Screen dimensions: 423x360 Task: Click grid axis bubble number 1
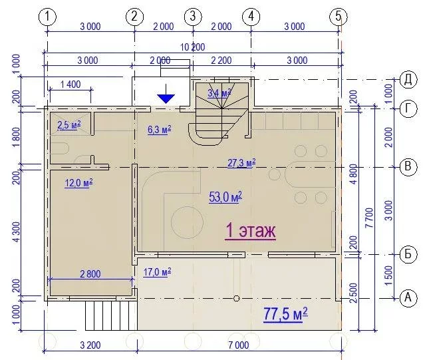(x=47, y=17)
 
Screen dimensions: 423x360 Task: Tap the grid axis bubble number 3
(x=193, y=17)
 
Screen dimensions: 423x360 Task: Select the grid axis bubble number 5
(x=339, y=17)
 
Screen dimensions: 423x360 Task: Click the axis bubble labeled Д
(x=408, y=80)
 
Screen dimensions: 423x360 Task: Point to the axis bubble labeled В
(x=408, y=166)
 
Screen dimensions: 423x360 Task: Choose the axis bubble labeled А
(x=408, y=298)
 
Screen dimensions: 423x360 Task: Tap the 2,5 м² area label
(x=69, y=125)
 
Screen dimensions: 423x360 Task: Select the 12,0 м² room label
(x=78, y=183)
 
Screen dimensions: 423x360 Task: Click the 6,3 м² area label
(x=159, y=130)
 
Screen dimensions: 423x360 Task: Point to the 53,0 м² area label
(x=225, y=197)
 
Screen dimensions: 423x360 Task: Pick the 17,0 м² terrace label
(x=157, y=272)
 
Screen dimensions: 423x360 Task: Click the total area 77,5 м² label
(x=285, y=314)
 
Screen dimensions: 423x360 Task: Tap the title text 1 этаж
(x=250, y=231)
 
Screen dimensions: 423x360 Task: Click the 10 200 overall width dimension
(x=193, y=47)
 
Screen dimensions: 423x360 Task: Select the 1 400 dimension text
(x=70, y=85)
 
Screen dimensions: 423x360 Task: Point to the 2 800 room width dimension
(x=90, y=274)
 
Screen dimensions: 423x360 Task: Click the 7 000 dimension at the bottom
(x=239, y=345)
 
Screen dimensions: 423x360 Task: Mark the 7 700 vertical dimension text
(x=369, y=218)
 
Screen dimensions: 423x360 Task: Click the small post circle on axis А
(x=237, y=298)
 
